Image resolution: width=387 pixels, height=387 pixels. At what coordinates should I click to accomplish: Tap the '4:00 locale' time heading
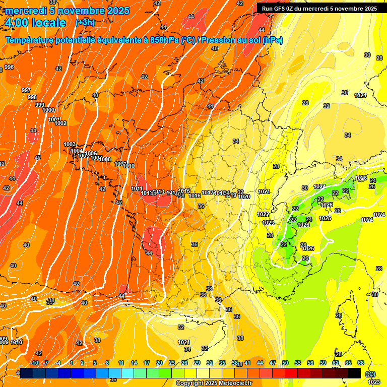pyautogui.click(x=35, y=23)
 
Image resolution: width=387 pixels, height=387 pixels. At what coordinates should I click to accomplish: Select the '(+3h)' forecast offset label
pyautogui.click(x=85, y=23)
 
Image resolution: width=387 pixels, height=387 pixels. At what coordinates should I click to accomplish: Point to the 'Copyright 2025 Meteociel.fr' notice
pyautogui.click(x=214, y=383)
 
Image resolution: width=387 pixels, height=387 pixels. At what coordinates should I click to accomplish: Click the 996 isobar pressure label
pyautogui.click(x=9, y=68)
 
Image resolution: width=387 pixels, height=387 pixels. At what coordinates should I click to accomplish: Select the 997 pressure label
pyautogui.click(x=26, y=90)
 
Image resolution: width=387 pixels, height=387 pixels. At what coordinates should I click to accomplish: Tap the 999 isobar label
pyautogui.click(x=40, y=105)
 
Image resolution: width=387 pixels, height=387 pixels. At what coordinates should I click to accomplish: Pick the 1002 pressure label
pyautogui.click(x=60, y=123)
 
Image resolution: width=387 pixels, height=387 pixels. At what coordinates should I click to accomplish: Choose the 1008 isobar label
pyautogui.click(x=105, y=159)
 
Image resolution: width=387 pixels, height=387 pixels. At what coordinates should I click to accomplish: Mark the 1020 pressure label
pyautogui.click(x=244, y=197)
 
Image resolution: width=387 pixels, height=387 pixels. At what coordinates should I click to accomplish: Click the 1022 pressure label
pyautogui.click(x=263, y=214)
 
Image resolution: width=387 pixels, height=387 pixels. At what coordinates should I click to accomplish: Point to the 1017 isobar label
pyautogui.click(x=208, y=192)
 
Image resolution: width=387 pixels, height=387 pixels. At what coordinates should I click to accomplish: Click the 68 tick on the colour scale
pyautogui.click(x=361, y=363)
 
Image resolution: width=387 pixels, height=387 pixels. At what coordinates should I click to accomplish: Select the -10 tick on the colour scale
pyautogui.click(x=34, y=363)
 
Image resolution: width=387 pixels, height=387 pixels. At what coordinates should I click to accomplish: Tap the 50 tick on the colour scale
pyautogui.click(x=285, y=363)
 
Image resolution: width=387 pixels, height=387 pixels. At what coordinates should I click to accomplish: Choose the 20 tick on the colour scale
pyautogui.click(x=159, y=363)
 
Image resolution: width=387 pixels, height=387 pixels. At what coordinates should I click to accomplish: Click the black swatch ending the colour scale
pyautogui.click(x=354, y=373)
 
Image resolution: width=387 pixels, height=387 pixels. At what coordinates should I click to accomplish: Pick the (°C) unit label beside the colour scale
pyautogui.click(x=370, y=373)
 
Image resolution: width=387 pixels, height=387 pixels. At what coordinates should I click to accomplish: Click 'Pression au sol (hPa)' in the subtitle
pyautogui.click(x=242, y=40)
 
